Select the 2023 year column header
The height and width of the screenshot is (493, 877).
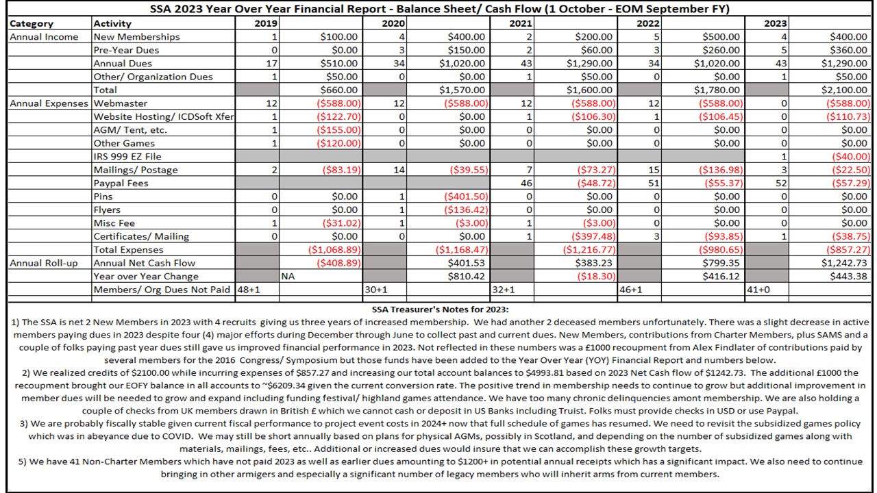click(776, 23)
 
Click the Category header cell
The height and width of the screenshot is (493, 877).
click(32, 23)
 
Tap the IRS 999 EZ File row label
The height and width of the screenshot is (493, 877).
click(126, 157)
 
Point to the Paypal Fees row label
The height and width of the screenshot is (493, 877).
click(121, 184)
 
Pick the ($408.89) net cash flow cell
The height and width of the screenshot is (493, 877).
click(337, 263)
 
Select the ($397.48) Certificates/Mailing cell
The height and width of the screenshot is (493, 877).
click(591, 236)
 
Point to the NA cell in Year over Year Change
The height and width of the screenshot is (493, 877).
click(288, 277)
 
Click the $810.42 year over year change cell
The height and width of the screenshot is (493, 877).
click(466, 277)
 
